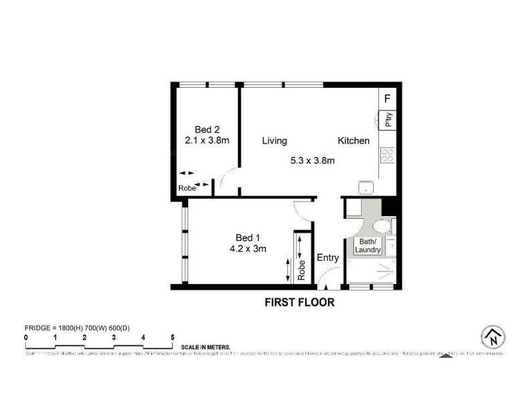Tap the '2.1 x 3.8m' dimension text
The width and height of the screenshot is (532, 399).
click(x=207, y=140)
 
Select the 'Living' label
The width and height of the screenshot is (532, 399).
click(x=274, y=140)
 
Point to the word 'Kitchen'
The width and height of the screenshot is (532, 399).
click(x=353, y=140)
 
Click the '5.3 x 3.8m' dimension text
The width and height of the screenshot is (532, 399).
click(x=313, y=160)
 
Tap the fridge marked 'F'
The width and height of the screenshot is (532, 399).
click(x=388, y=99)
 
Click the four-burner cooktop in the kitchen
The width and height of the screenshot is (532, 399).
click(x=388, y=156)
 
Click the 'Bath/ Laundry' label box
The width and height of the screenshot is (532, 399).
click(x=368, y=245)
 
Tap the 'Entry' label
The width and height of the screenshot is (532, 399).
click(x=328, y=258)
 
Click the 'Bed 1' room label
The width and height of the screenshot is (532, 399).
click(x=247, y=237)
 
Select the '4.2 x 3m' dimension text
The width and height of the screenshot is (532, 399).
click(x=247, y=249)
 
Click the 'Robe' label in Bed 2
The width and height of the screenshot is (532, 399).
click(x=187, y=188)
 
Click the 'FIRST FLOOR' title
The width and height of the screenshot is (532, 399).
click(x=299, y=303)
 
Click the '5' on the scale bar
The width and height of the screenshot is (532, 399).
click(x=172, y=338)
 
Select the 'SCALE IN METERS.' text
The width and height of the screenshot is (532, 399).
click(x=205, y=347)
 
